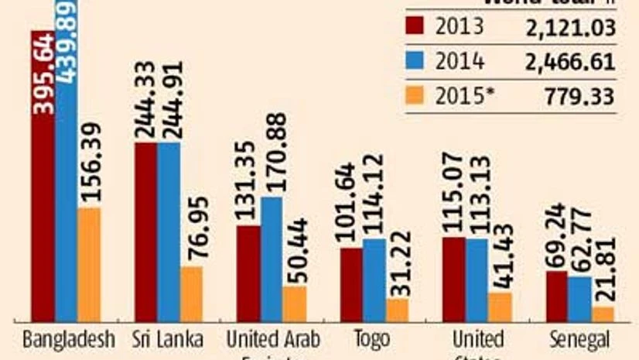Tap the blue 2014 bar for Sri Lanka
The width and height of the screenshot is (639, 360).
[x=169, y=232]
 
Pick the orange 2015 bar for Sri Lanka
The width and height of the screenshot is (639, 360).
[x=191, y=294]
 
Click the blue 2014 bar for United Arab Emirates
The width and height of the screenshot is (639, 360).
[x=272, y=259]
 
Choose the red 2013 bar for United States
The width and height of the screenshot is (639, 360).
[x=455, y=279]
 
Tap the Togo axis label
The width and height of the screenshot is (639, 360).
[x=374, y=340]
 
